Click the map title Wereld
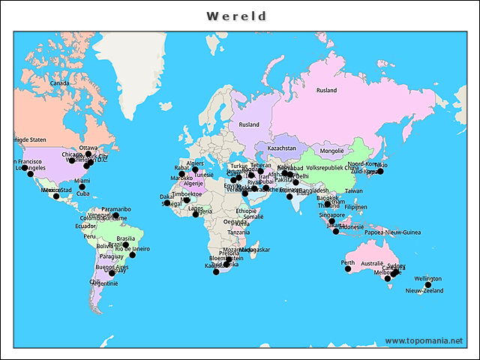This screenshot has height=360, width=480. pyautogui.click(x=237, y=16)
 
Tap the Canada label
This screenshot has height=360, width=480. pyautogui.click(x=60, y=83)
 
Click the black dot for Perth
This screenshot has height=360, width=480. pyautogui.click(x=348, y=269)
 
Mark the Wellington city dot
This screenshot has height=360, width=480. pyautogui.click(x=428, y=285)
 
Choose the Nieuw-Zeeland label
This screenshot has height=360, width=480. pyautogui.click(x=424, y=291)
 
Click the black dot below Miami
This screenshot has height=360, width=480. pyautogui.click(x=82, y=187)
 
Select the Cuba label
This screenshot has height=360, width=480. pyautogui.click(x=83, y=193)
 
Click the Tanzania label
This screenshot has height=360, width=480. pyautogui.click(x=239, y=232)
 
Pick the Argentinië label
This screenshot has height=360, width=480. pyautogui.click(x=104, y=283)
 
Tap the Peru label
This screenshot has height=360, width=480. pyautogui.click(x=90, y=236)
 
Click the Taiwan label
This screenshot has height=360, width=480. pyautogui.click(x=354, y=191)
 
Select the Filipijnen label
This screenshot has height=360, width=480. pyautogui.click(x=356, y=207)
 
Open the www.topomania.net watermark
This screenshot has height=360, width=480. pyautogui.click(x=424, y=341)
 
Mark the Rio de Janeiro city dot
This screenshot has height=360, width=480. pyautogui.click(x=133, y=255)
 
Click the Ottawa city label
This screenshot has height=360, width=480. pyautogui.click(x=88, y=148)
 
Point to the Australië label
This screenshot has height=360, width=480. pyautogui.click(x=373, y=264)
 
